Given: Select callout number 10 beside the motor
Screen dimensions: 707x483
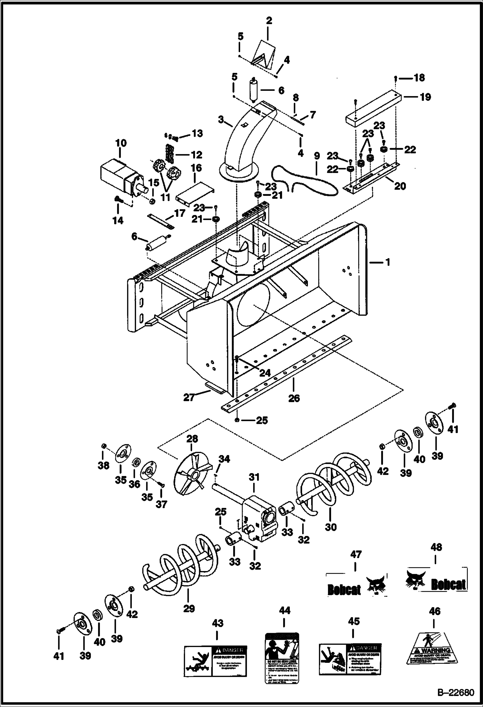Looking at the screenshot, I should [x=121, y=143].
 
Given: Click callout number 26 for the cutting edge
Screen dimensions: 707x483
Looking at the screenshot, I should [x=294, y=398].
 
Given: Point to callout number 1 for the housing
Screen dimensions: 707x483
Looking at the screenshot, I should [x=388, y=262].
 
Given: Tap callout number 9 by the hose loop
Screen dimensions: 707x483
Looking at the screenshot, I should [x=317, y=156].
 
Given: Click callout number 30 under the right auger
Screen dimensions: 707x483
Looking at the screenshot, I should [x=331, y=527].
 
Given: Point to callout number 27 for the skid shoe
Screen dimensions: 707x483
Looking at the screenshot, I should [x=189, y=397].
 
